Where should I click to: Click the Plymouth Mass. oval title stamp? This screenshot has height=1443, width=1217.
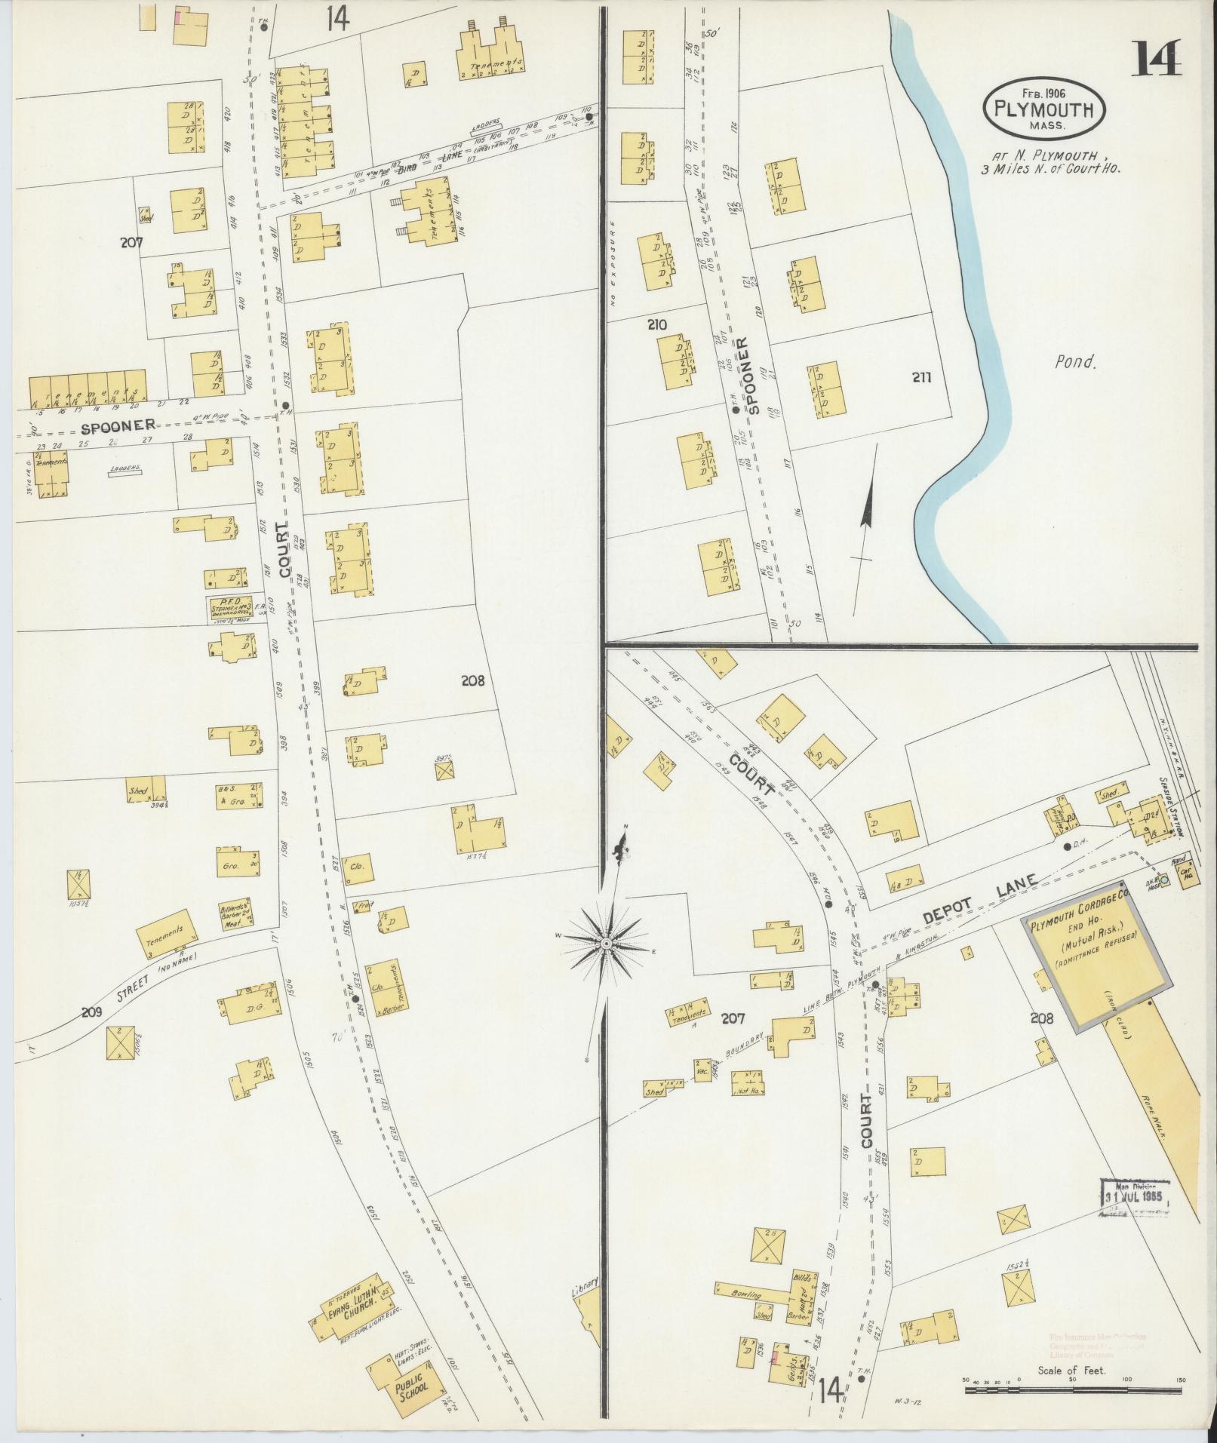pyautogui.click(x=1044, y=110)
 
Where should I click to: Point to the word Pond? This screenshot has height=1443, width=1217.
pyautogui.click(x=1074, y=362)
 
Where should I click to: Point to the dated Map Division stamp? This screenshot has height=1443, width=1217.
pyautogui.click(x=1135, y=1217)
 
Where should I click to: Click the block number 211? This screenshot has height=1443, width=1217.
pyautogui.click(x=921, y=377)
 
